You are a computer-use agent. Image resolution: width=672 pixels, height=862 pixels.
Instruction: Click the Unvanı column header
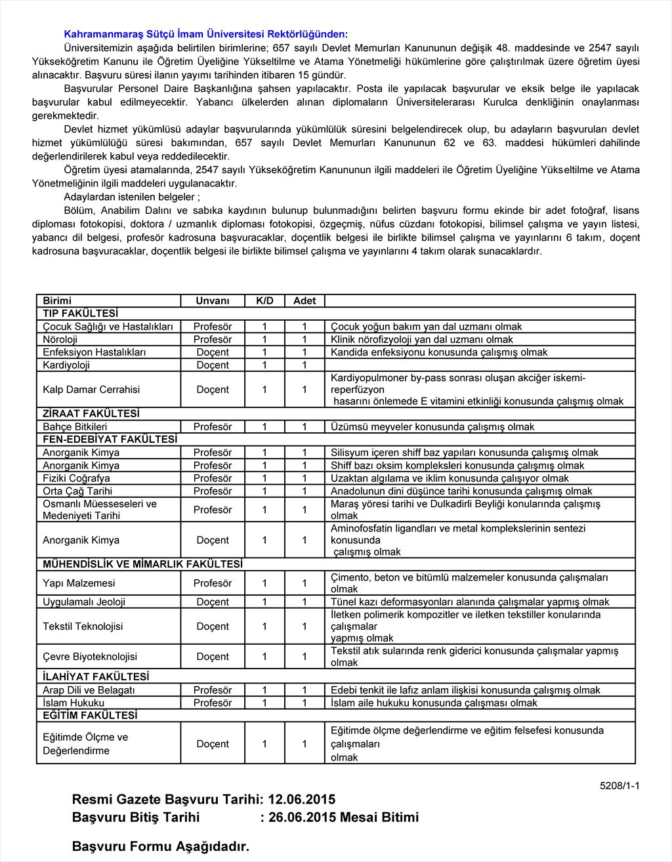point(213,300)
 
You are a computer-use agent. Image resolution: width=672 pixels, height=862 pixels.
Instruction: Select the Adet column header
point(304,300)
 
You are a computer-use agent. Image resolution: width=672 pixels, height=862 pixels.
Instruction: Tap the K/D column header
point(264,300)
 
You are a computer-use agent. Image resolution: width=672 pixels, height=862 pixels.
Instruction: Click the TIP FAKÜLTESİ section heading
point(81,314)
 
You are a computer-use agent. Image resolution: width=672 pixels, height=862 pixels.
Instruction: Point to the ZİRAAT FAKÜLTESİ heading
point(91,413)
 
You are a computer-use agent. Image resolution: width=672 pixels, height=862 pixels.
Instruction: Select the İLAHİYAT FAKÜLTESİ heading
point(96,676)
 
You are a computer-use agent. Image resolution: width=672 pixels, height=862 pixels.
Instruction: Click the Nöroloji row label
point(60,339)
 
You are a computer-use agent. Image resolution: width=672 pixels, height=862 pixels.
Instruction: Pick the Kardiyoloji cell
point(66,365)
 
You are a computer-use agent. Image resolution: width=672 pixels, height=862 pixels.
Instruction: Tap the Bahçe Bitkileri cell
point(75,426)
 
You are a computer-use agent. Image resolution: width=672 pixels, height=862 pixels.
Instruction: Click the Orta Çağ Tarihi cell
point(77,491)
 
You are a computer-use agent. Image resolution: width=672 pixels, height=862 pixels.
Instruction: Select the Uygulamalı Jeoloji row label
point(84,602)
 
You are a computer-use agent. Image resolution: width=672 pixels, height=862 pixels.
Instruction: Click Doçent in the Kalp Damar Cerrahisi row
point(213,389)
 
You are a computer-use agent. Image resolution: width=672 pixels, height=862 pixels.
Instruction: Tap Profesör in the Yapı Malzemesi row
point(213,583)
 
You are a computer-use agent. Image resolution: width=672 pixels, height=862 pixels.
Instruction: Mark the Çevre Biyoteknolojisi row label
point(90,656)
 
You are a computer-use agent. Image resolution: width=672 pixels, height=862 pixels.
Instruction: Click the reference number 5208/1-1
point(619,785)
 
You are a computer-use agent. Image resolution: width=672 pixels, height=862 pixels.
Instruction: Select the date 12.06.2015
point(302,799)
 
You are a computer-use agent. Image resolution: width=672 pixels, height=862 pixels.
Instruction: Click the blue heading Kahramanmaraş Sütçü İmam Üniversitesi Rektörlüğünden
point(206,34)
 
